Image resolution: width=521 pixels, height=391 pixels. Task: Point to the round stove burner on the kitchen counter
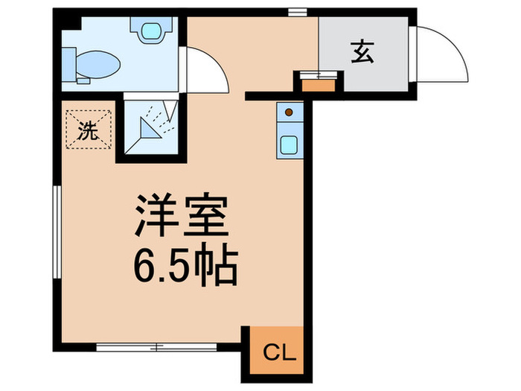coord(289,113)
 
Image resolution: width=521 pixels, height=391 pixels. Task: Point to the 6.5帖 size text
coord(185,264)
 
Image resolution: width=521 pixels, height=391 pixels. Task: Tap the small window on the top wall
coord(298,12)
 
